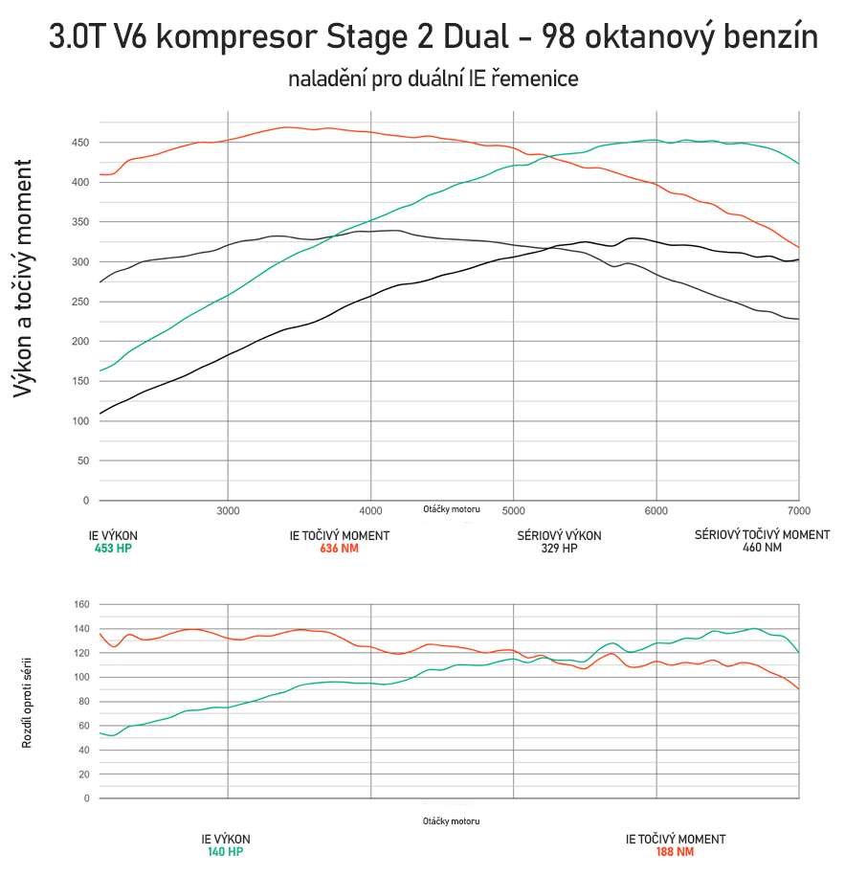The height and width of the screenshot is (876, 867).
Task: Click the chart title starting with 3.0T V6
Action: point(433,38)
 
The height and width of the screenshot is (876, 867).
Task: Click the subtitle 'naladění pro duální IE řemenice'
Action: point(433,79)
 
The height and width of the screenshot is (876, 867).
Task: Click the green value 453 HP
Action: point(114,549)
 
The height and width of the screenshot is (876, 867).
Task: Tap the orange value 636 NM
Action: point(339,549)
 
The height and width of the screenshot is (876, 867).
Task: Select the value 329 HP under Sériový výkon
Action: point(560,549)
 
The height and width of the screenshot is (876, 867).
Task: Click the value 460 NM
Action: point(762,549)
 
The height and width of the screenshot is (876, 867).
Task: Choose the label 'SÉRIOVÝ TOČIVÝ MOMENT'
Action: point(762,534)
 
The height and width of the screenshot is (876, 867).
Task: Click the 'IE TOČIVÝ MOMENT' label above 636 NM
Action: point(339,535)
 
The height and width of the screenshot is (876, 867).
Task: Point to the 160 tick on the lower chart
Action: point(80,604)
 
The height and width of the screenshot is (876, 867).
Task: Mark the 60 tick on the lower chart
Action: point(83,726)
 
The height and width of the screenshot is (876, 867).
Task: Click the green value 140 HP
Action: point(226,851)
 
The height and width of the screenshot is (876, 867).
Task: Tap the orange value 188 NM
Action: point(675,851)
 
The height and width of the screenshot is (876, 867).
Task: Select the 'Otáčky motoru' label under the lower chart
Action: point(451,821)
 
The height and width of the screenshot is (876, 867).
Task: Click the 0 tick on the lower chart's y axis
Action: point(86,798)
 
